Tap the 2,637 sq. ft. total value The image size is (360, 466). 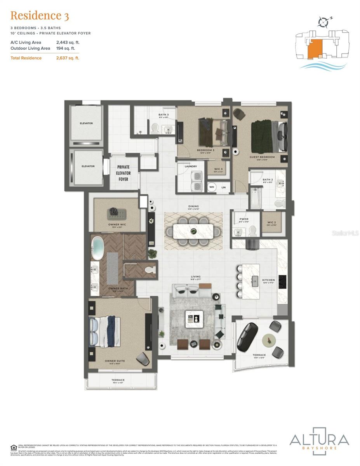[x=68, y=58]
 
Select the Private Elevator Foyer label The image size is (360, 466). [x=123, y=173]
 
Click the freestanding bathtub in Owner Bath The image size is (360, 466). [x=98, y=249]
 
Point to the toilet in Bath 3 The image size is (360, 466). [x=155, y=128]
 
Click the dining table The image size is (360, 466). [x=193, y=231]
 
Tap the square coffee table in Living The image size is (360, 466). [x=194, y=320]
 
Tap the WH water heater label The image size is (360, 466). [x=212, y=187]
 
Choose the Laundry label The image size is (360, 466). [x=191, y=166]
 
